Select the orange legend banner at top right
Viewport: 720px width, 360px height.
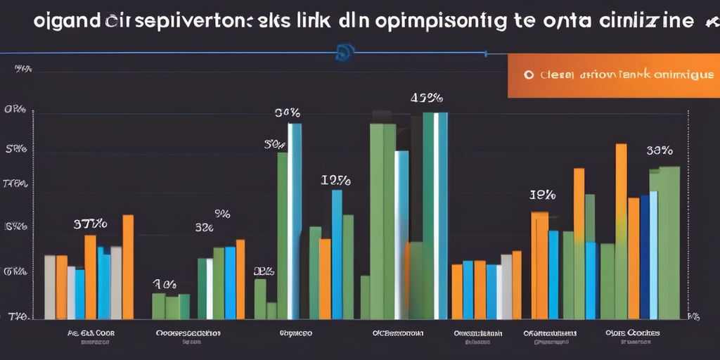tap(612, 75)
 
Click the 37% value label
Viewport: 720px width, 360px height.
tap(90, 224)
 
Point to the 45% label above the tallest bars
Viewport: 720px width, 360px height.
tap(426, 98)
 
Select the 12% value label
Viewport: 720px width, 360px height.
tap(336, 180)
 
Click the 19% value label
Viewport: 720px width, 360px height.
tap(543, 195)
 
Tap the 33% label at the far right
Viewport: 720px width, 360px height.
tap(660, 150)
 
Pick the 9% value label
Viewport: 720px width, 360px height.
tap(222, 212)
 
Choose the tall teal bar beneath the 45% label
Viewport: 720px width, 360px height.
tap(428, 211)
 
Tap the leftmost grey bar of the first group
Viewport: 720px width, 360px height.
tap(49, 287)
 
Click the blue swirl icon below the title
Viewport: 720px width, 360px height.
tap(345, 51)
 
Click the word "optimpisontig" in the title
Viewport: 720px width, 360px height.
tap(432, 20)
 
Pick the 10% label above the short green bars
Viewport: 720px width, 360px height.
tap(165, 284)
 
